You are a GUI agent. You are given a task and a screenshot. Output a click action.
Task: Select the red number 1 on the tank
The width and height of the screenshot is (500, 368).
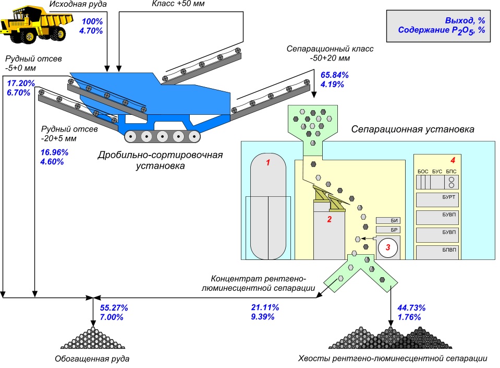[x=268, y=163]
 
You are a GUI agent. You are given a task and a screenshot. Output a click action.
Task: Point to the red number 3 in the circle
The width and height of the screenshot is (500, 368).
[x=388, y=247]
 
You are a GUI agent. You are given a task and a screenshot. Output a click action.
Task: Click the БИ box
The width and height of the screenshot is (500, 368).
[x=387, y=221]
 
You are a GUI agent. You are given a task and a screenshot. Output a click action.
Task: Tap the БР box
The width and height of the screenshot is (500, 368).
[x=387, y=230]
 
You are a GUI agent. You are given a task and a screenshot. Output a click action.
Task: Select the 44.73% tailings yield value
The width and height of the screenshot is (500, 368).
[x=412, y=307]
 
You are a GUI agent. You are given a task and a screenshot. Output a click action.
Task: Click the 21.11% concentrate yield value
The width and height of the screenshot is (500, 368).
[x=265, y=307]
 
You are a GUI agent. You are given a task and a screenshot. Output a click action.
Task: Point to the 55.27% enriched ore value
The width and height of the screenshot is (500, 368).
[x=114, y=307]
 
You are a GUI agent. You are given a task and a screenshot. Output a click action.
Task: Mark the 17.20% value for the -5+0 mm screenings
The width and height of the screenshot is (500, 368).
[x=21, y=83]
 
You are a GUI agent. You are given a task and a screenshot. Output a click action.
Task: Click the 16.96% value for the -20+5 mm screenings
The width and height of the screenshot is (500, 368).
[x=54, y=152]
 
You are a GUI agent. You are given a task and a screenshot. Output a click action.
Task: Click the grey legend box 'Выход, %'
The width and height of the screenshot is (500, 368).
[x=441, y=26]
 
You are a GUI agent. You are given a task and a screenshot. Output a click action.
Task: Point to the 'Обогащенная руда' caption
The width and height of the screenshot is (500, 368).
[x=92, y=359]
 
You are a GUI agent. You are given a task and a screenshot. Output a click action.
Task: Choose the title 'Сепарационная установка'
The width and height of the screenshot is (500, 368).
[x=413, y=129]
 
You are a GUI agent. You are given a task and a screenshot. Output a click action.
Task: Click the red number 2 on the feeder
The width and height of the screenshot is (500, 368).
[x=329, y=219]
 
